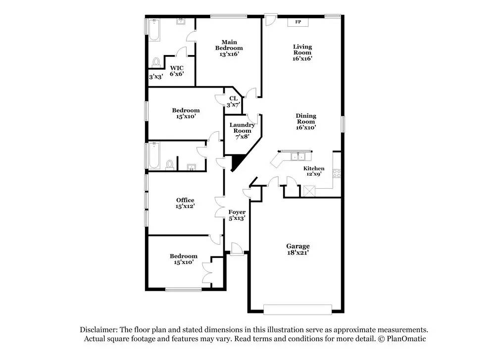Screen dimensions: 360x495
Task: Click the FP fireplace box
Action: point(298,22)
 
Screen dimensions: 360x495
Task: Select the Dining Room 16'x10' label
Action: point(306,122)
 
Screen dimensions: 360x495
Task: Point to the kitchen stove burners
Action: point(337,173)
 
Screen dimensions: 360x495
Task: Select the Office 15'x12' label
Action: point(185,203)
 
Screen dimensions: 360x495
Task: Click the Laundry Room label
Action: point(242,130)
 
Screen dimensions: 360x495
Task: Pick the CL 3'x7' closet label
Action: point(233,102)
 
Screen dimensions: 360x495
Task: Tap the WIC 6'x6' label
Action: point(177,71)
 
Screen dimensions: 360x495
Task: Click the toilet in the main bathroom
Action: point(156,62)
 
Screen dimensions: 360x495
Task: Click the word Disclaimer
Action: point(97,330)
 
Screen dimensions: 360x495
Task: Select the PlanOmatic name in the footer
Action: point(402,339)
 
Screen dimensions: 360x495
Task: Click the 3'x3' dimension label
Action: point(156,77)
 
